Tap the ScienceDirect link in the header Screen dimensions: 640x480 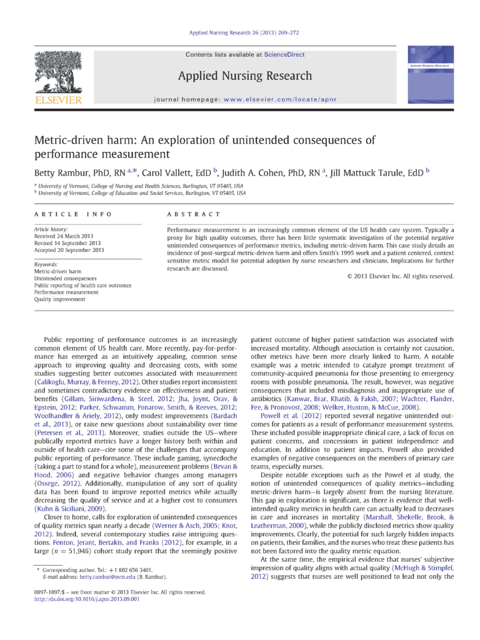tap(284, 54)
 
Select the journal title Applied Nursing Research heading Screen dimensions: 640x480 tap(245, 76)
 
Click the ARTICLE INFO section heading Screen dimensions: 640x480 tap(73, 214)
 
